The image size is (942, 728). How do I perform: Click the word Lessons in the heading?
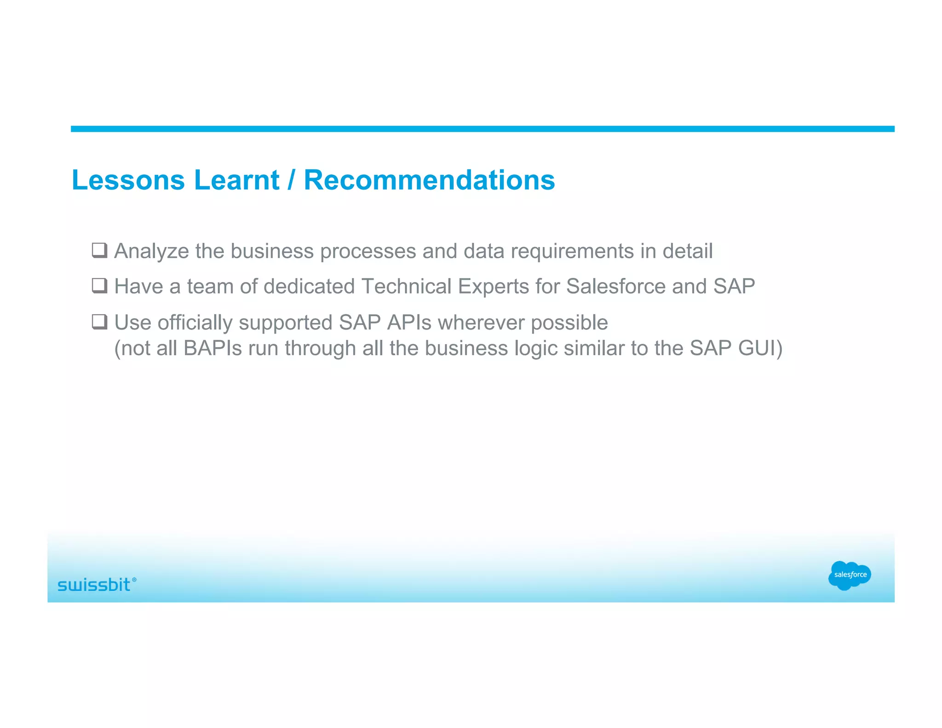[x=128, y=180]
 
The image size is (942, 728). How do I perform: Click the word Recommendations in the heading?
[x=429, y=180]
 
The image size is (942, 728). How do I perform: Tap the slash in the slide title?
[x=291, y=180]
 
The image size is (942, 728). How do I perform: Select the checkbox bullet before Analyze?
[x=99, y=250]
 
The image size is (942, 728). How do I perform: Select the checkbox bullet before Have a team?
[x=99, y=286]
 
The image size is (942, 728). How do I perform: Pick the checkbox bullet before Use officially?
[x=99, y=322]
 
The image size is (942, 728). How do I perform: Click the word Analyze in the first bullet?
[x=151, y=252]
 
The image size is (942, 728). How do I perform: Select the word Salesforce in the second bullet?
[x=615, y=286]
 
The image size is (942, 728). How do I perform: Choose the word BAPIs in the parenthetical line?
[x=213, y=348]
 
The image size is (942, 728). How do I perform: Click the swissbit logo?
[x=94, y=585]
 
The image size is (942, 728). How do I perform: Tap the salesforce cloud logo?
[x=850, y=575]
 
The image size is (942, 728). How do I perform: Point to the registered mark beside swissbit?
[x=134, y=580]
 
